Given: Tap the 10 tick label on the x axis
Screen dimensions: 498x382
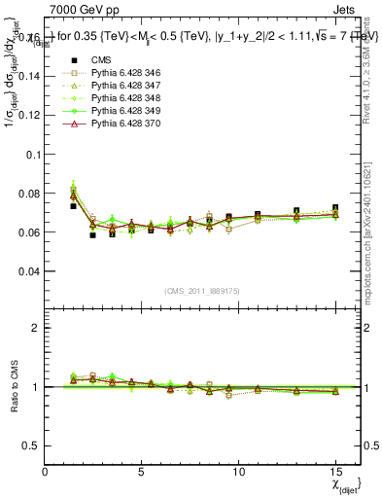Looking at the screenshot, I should point(238,471).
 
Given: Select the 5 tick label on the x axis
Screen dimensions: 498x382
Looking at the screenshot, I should point(142,471).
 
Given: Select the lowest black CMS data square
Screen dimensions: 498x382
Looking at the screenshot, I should point(92,235).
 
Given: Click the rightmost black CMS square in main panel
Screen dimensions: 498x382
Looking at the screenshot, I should point(334,208).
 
